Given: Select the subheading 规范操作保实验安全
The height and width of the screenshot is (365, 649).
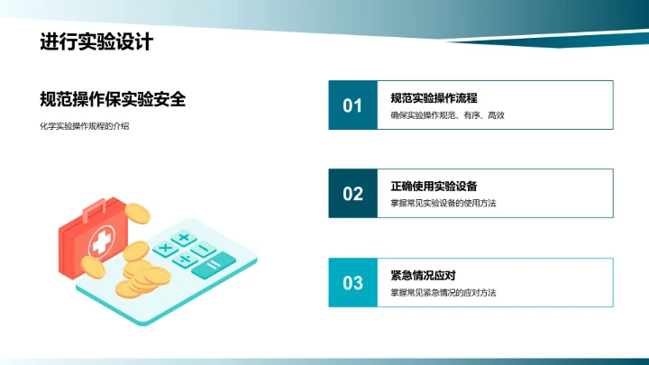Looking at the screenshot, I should coord(113,100).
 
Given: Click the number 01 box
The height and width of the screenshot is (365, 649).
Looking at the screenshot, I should coord(352,105).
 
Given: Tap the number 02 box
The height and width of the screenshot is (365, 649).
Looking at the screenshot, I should coord(352,194).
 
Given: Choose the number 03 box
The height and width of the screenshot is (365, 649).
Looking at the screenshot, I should coord(352,283).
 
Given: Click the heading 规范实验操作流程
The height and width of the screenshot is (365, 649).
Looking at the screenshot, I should coord(434,97).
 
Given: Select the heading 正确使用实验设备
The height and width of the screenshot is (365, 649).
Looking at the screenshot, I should coord(434,186).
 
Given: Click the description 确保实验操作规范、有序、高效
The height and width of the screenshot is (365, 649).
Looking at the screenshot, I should coord(447,115).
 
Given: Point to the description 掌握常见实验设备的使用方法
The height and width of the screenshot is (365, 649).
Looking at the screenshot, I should coord(443,204).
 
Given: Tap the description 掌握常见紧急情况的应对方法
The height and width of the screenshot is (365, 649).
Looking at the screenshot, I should coord(443,293).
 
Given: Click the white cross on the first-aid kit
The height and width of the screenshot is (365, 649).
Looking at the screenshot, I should coord(103,241).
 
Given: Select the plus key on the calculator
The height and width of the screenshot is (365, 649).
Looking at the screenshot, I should coord(184,238).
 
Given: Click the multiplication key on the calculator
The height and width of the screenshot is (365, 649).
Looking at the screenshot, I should coord(165,247).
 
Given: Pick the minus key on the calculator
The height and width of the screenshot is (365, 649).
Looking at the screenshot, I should coord(204,248).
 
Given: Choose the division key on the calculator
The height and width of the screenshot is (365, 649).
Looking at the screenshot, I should coord(184,259).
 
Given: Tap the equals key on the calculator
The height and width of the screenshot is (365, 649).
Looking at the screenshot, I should coord(215,264).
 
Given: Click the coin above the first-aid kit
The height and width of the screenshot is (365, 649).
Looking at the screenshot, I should coord(137,214).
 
